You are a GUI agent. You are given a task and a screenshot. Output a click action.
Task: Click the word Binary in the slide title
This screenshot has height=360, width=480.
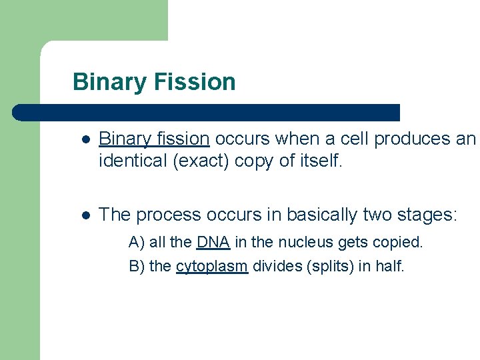coord(110,82)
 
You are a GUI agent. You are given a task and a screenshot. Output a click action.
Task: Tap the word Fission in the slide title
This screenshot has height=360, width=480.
coord(195,82)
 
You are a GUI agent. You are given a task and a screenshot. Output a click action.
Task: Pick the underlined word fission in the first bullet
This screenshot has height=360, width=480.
coord(183,139)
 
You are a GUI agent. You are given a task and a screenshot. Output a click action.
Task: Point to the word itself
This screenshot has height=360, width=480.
coord(320,161)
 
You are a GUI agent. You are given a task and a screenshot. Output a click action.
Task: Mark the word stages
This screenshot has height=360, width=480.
coord(428,215)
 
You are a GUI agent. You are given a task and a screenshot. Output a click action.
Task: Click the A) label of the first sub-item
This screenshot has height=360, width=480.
coord(137,241)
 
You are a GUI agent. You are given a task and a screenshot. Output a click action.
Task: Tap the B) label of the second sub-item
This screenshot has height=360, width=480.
coord(137,267)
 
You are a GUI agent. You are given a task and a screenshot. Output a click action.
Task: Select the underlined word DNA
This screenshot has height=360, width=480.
coord(213,241)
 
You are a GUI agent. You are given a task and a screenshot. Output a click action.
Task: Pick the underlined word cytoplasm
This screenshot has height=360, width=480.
coord(212,267)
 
